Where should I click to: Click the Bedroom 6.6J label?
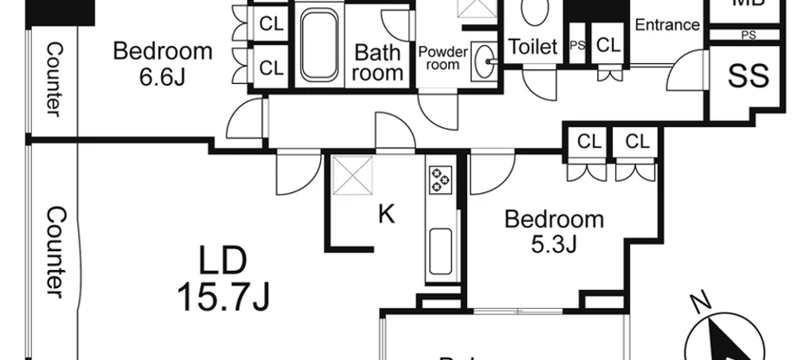click(x=163, y=63)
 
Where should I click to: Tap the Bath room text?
click(x=378, y=62)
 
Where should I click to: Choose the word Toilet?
click(x=532, y=47)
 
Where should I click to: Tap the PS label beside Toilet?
click(x=576, y=46)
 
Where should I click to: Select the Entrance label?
click(x=666, y=24)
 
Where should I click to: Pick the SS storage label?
click(x=749, y=76)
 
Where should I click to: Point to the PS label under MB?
click(x=749, y=35)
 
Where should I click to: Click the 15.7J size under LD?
click(x=223, y=297)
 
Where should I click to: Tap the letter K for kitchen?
click(x=386, y=213)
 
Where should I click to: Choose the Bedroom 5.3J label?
click(x=554, y=230)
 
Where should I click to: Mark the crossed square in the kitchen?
click(x=353, y=176)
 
